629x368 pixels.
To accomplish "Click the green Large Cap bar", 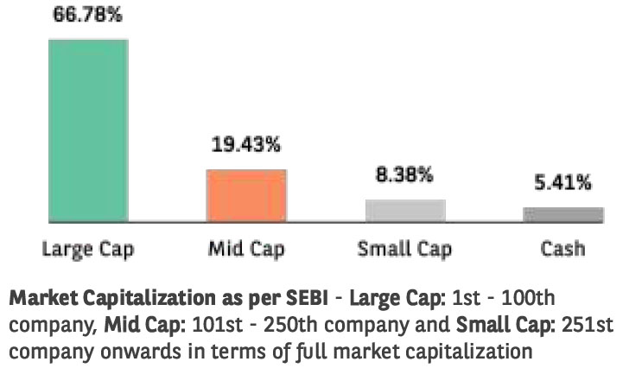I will click(88, 130).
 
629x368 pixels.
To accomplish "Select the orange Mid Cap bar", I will click(246, 195).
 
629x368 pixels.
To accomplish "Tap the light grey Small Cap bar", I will click(405, 211).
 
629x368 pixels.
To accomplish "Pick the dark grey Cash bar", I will click(562, 214).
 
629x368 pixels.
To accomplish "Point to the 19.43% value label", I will click(245, 145).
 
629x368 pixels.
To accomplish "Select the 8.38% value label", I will click(405, 175).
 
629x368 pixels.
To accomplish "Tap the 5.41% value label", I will click(562, 183).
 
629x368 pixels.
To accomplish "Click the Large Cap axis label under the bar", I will click(88, 250).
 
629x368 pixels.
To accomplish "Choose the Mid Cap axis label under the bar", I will click(246, 250).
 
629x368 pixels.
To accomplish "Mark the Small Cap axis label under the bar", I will click(405, 250).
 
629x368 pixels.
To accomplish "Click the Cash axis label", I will click(562, 250).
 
